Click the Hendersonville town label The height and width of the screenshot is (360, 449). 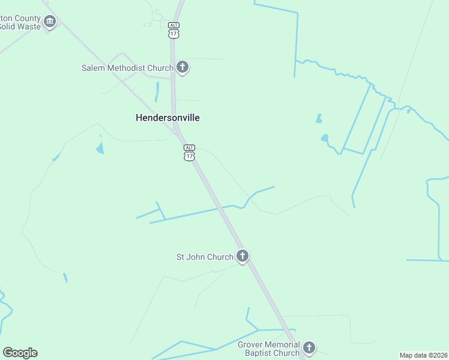coord(167,118)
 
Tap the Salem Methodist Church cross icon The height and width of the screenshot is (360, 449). coord(182,67)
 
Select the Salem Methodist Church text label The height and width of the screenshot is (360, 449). coord(127,68)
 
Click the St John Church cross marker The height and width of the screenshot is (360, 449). coord(242,257)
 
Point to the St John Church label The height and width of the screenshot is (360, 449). coord(204,257)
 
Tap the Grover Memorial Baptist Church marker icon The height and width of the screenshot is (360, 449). coord(309,348)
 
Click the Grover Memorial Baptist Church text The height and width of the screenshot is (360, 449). coord(268,349)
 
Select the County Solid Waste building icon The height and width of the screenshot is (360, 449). coord(50,23)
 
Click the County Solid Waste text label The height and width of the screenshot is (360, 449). coord(20,22)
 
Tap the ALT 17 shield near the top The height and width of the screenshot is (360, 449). coord(173,30)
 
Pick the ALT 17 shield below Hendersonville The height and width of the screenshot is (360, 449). coord(189,152)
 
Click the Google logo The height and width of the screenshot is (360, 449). coord(20,353)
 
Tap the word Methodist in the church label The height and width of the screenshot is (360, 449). coord(126,68)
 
